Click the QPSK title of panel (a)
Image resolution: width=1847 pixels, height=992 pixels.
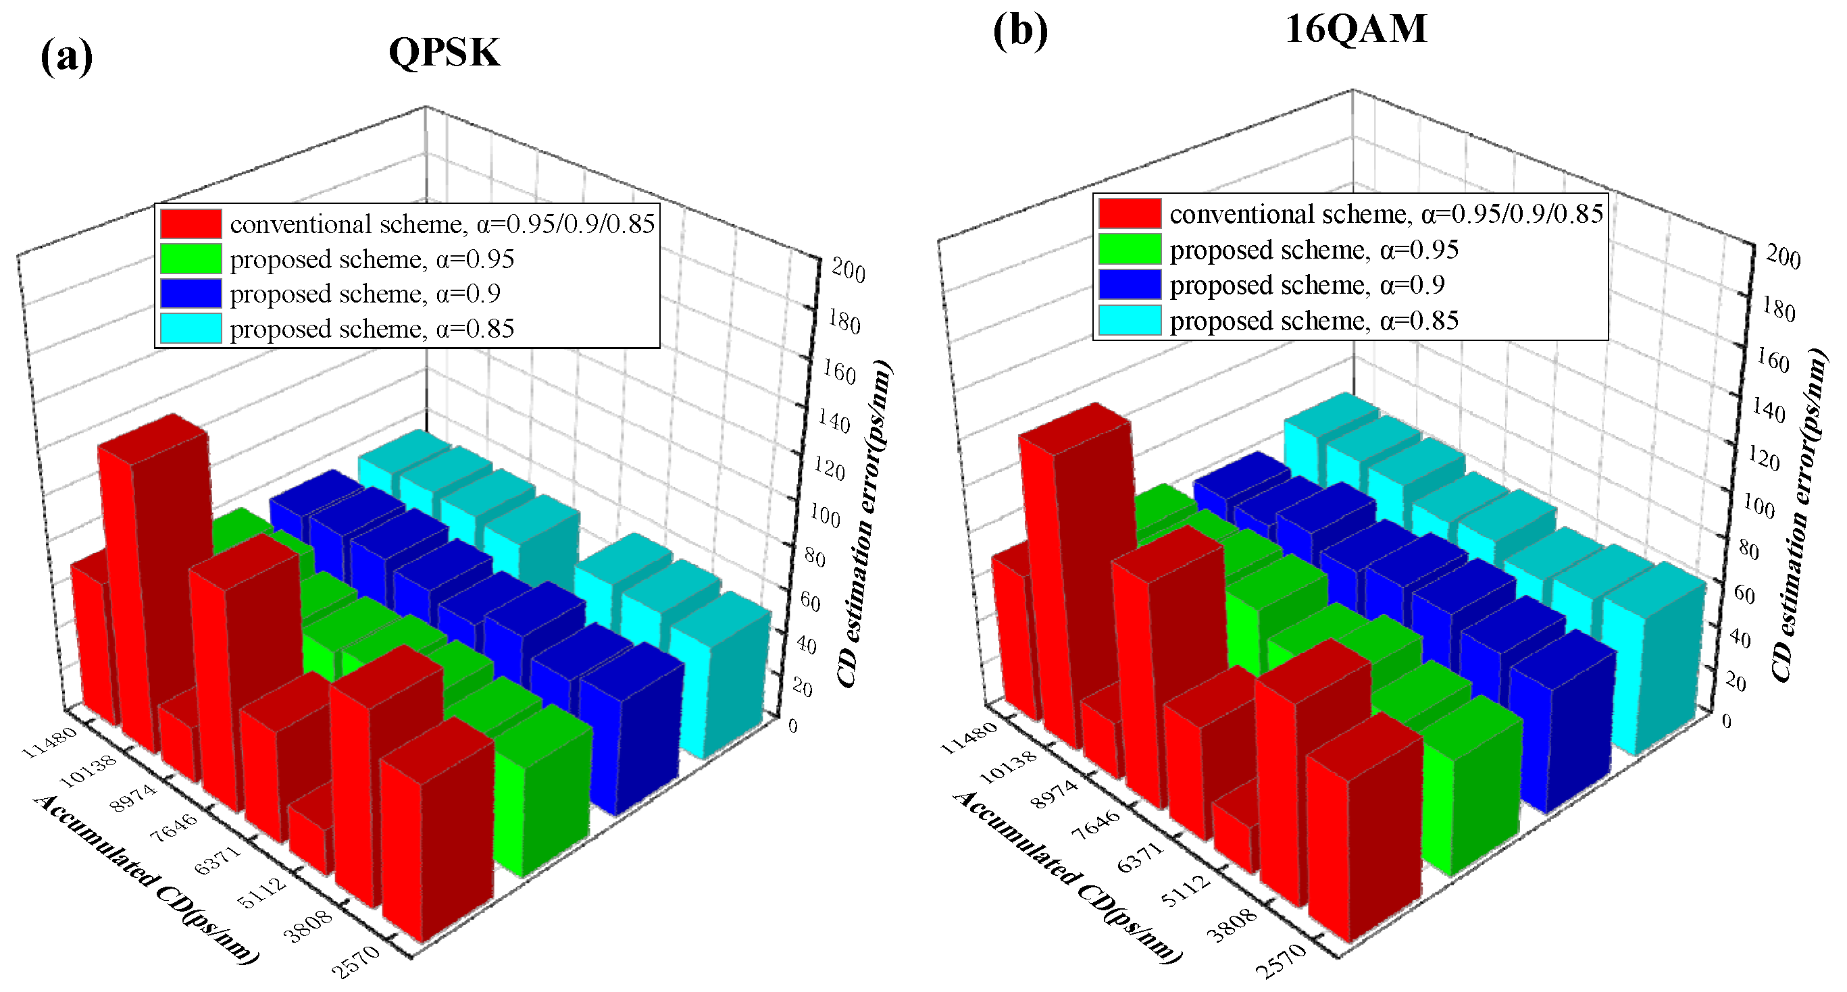[x=444, y=52]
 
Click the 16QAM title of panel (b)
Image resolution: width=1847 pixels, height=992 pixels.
[x=1355, y=30]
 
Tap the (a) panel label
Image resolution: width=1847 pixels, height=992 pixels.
[x=66, y=57]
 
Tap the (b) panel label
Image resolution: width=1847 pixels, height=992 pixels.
[x=1019, y=32]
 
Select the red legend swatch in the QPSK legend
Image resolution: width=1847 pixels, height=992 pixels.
[x=190, y=224]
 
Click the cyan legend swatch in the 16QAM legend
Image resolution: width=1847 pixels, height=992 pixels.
[x=1130, y=320]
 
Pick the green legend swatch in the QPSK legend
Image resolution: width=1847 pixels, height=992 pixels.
[x=190, y=259]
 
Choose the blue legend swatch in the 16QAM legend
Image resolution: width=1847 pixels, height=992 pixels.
[x=1130, y=284]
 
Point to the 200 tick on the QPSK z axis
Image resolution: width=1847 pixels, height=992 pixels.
[x=849, y=271]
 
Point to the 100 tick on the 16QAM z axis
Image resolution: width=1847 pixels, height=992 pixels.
[x=1758, y=506]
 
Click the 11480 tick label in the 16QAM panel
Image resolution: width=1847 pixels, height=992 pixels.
[x=967, y=737]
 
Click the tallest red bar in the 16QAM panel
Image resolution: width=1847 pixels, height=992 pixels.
[x=1083, y=567]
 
